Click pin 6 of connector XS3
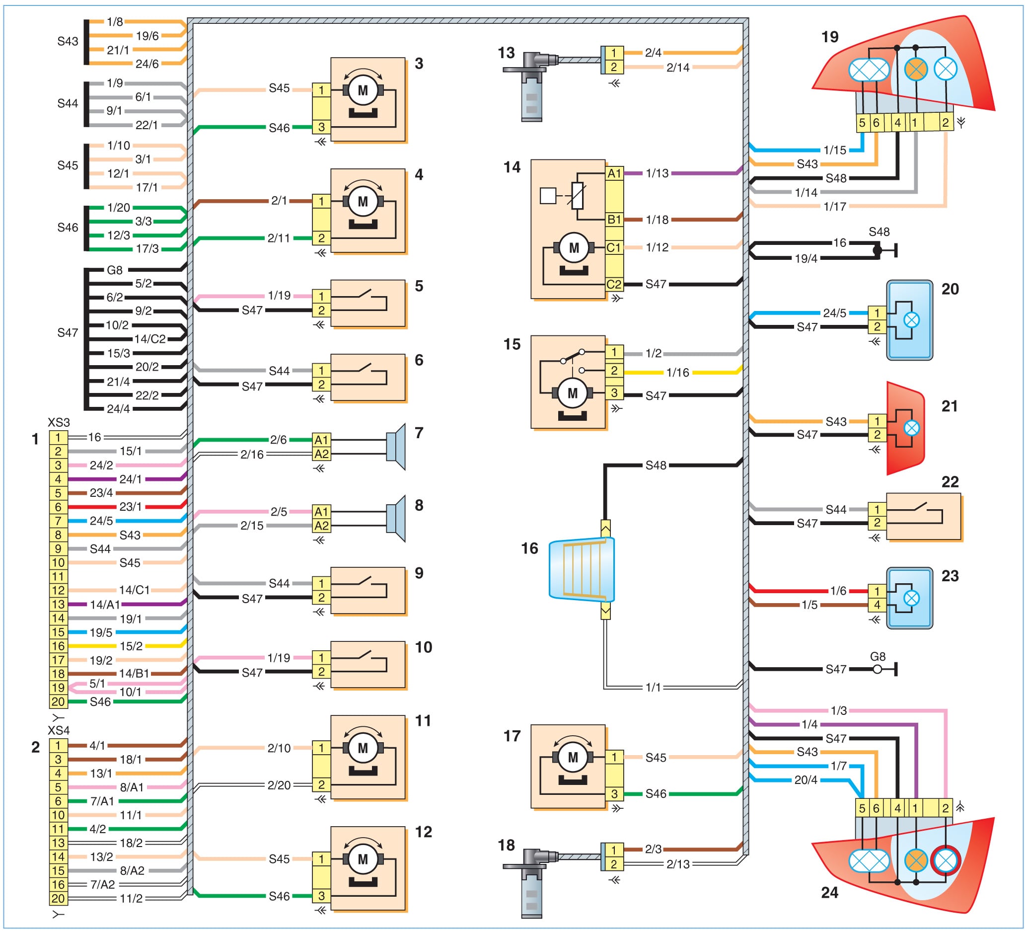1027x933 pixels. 58,507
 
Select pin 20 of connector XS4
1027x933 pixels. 58,898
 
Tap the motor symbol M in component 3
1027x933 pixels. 363,90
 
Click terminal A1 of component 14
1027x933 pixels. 614,173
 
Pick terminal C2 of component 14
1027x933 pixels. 614,284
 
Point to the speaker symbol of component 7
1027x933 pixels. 396,447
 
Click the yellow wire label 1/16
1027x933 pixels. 677,373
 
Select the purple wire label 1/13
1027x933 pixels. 657,173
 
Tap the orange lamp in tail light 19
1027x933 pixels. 915,69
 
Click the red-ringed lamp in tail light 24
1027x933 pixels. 946,860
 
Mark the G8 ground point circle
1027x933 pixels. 877,670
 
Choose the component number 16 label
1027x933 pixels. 529,548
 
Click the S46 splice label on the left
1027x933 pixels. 67,227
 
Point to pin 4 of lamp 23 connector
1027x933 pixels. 877,605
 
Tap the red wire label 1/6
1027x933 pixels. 838,591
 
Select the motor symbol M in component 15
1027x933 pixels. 573,393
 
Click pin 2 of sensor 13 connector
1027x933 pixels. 614,67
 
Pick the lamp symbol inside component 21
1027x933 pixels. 911,428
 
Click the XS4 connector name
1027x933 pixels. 59,730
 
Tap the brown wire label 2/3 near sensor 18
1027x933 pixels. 653,849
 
